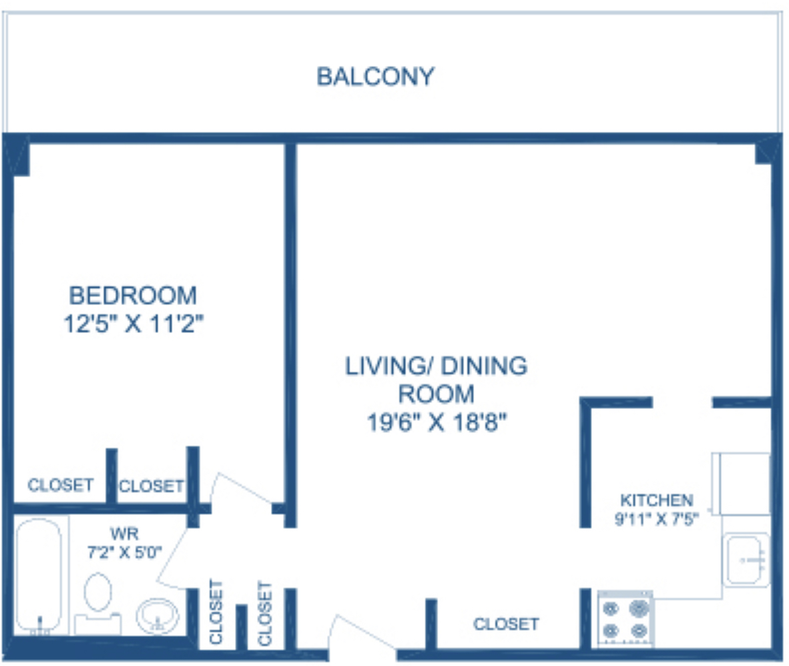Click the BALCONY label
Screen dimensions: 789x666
tap(376, 77)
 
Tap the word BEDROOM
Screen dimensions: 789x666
tap(133, 296)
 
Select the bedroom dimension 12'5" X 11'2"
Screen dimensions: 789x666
tap(134, 323)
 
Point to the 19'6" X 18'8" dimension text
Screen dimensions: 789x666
tap(437, 422)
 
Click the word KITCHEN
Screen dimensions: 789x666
tap(657, 500)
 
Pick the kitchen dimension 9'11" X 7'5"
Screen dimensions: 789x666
tap(656, 519)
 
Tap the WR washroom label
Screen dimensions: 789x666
tap(125, 533)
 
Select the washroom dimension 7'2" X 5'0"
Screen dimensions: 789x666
tap(125, 552)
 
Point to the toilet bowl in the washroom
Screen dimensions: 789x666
tap(98, 593)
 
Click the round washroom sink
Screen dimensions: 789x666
tap(158, 615)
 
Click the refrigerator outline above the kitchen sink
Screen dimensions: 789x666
tap(740, 484)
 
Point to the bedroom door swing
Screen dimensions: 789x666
tap(242, 490)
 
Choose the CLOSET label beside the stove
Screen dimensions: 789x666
tap(506, 624)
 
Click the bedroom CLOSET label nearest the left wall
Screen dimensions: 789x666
tap(61, 485)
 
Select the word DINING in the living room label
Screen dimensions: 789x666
tap(484, 366)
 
